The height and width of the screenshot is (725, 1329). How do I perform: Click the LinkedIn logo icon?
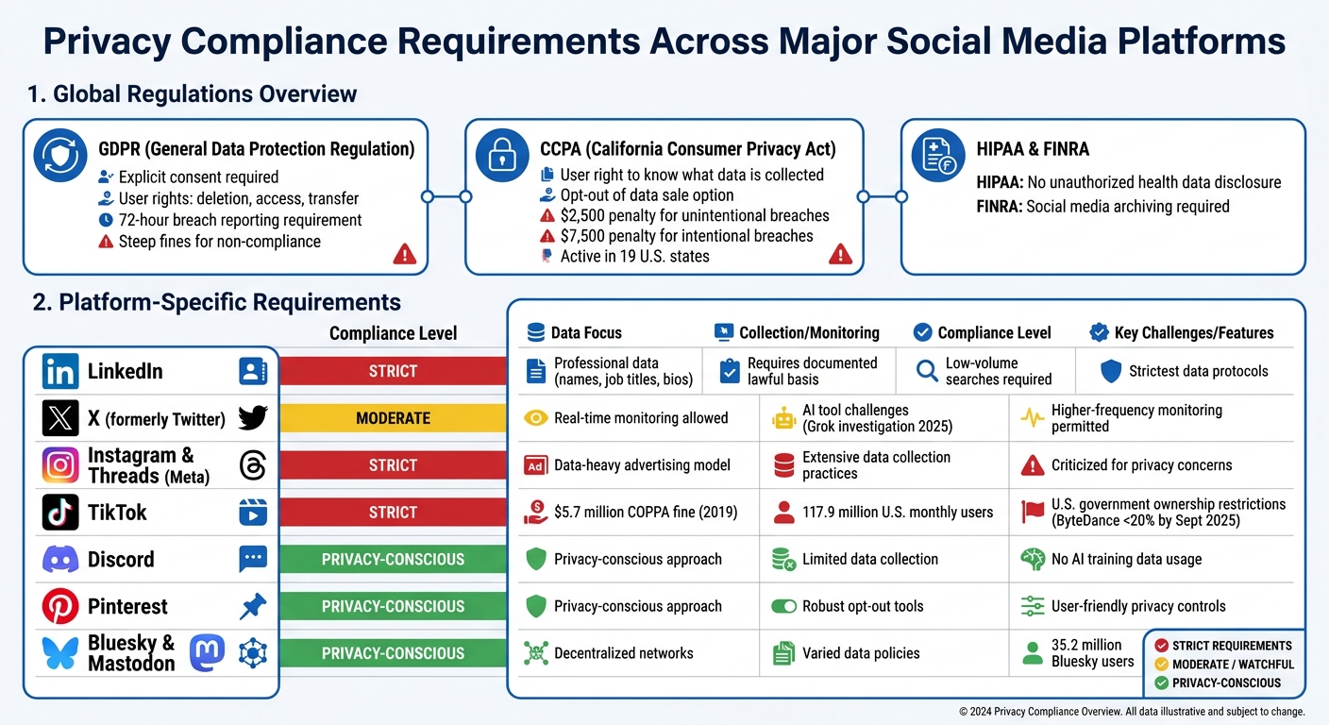pyautogui.click(x=60, y=371)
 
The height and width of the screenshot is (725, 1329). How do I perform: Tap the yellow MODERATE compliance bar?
pyautogui.click(x=393, y=418)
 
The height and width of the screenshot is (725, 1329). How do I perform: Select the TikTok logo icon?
pyautogui.click(x=60, y=513)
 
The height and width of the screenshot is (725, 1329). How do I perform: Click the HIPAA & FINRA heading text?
pyautogui.click(x=1033, y=149)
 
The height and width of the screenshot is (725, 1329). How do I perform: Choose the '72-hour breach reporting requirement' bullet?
pyautogui.click(x=240, y=220)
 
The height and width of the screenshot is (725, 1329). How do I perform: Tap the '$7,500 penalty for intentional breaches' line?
pyautogui.click(x=686, y=236)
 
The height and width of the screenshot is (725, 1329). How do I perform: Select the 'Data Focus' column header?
pyautogui.click(x=585, y=332)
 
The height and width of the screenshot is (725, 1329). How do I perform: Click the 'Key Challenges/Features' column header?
pyautogui.click(x=1193, y=332)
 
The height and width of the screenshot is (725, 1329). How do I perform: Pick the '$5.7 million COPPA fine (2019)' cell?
pyautogui.click(x=645, y=513)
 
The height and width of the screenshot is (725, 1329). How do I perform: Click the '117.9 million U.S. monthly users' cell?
pyautogui.click(x=897, y=513)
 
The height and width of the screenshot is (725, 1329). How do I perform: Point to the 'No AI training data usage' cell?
pyautogui.click(x=1126, y=560)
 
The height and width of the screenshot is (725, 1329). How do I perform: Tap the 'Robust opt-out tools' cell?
pyautogui.click(x=862, y=606)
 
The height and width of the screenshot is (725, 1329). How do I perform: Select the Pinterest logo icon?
pyautogui.click(x=60, y=606)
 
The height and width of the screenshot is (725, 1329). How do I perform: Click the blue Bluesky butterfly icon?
pyautogui.click(x=60, y=653)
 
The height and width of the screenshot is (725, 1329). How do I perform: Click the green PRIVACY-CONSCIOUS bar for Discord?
pyautogui.click(x=393, y=560)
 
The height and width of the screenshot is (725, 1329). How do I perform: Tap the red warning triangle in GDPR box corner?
pyautogui.click(x=404, y=253)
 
